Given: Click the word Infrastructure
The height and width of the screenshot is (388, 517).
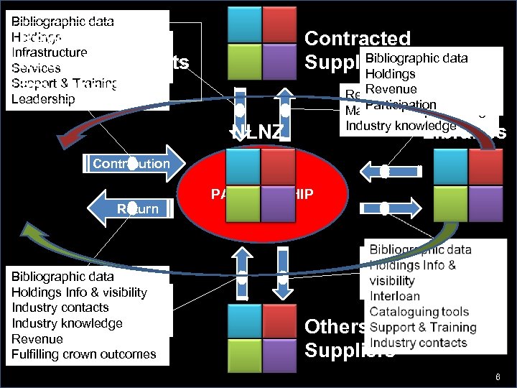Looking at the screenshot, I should point(49,52).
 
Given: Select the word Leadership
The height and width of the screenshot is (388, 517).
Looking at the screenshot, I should point(43,98).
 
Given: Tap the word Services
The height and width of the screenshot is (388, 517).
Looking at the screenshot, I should point(36,68).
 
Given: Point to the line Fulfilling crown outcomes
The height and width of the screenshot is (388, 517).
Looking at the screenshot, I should point(83,354).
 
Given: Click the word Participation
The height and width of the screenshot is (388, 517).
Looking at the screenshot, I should point(400,106).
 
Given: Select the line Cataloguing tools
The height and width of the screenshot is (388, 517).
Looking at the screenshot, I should point(419,312).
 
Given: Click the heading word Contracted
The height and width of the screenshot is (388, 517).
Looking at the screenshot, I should point(357,39).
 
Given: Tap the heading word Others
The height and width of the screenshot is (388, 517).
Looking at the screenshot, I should point(335,327).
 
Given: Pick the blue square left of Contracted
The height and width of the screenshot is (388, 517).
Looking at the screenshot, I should point(242,24).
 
